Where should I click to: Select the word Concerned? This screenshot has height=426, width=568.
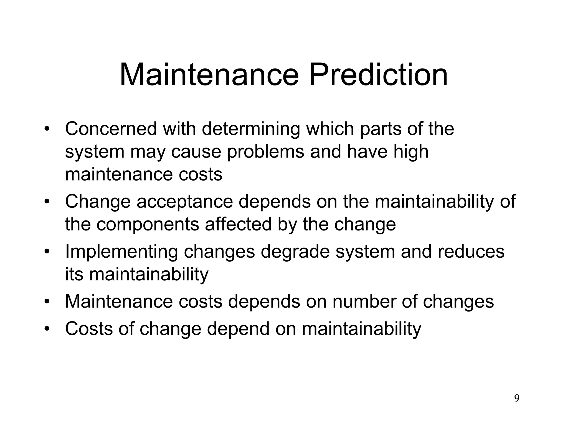pos(111,129)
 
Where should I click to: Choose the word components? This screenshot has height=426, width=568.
pos(148,224)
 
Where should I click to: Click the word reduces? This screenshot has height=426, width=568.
pos(471,252)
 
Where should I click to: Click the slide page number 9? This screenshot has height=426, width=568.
pos(517,398)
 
